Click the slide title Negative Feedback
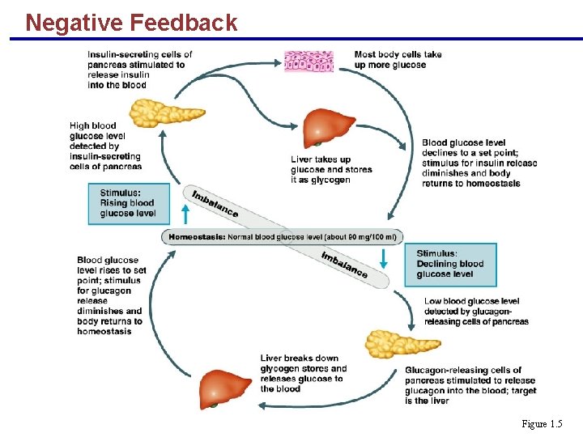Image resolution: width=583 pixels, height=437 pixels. click(131, 22)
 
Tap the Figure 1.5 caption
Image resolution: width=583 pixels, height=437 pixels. click(542, 424)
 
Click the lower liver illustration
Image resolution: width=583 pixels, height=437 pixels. click(227, 388)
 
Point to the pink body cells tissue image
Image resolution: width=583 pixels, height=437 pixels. click(308, 62)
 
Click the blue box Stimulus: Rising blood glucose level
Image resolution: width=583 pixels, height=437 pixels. click(130, 203)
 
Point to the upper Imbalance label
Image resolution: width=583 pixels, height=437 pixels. click(215, 203)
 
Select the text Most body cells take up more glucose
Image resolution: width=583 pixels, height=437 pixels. click(398, 60)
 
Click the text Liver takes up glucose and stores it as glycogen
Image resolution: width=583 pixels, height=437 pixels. click(331, 170)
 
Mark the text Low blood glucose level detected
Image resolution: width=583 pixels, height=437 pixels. click(475, 311)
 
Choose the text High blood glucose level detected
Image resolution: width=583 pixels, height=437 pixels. click(105, 146)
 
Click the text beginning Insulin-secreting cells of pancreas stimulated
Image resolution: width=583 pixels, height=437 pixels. click(139, 70)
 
